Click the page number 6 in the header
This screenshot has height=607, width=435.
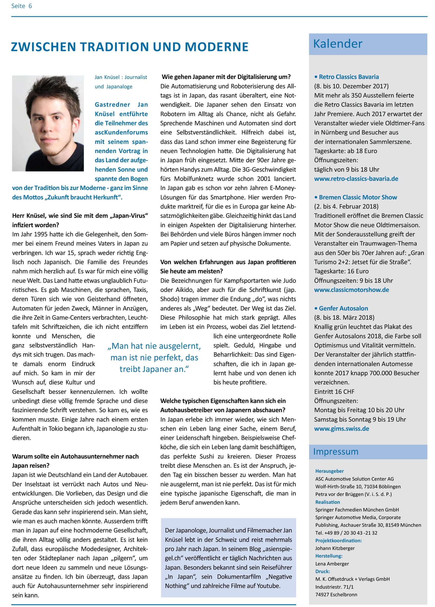(30, 6)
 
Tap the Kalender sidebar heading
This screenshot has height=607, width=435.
(338, 44)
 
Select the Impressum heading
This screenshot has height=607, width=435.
(336, 452)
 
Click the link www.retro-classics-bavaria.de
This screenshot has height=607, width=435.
(356, 179)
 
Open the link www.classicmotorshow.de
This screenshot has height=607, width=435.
(351, 290)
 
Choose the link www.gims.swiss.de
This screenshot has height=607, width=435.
(342, 429)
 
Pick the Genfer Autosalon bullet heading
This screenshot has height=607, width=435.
(343, 308)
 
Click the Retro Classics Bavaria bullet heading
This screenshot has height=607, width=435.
(349, 77)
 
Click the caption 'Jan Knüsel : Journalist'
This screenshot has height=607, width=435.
(121, 77)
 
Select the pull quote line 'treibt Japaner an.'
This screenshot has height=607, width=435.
(154, 369)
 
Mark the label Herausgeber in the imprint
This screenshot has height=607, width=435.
(329, 471)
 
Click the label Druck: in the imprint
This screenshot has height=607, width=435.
(322, 571)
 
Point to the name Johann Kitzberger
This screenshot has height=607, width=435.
(334, 548)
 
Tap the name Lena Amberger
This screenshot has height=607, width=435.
(332, 564)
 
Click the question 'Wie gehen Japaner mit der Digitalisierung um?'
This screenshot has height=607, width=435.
(226, 77)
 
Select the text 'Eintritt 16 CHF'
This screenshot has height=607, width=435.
(334, 391)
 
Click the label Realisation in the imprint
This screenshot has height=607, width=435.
(327, 502)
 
